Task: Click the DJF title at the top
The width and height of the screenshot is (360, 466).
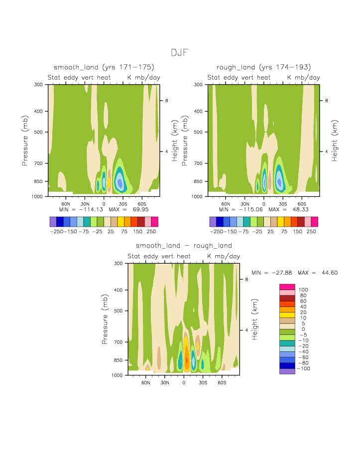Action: click(180, 53)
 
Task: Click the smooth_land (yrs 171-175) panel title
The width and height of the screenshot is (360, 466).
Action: click(104, 67)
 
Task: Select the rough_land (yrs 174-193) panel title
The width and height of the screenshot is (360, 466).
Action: click(264, 67)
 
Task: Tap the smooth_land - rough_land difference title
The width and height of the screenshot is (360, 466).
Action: click(184, 246)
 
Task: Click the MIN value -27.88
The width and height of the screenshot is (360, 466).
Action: click(283, 273)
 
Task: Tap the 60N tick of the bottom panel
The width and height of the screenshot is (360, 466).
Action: click(146, 383)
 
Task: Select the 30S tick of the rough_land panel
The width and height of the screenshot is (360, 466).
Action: click(283, 204)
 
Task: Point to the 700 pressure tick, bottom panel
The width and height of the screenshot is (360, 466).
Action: click(119, 342)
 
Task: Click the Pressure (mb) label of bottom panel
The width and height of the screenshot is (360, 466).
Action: click(105, 319)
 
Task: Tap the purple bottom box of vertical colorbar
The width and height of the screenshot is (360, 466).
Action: click(287, 371)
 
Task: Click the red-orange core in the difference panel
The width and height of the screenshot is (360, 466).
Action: click(187, 359)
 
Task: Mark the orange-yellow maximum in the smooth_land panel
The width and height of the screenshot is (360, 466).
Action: click(109, 181)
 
